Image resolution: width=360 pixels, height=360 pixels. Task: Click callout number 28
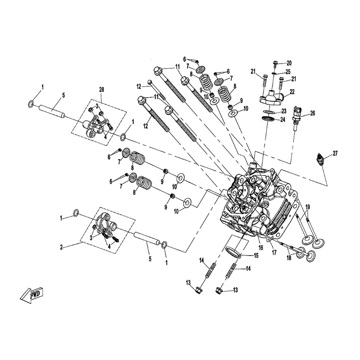click(101, 90)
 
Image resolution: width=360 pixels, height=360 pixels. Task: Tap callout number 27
click(335, 153)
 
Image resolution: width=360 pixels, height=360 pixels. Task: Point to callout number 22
click(292, 92)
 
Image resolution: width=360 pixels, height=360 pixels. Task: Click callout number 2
click(61, 247)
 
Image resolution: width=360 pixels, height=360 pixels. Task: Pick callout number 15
click(256, 255)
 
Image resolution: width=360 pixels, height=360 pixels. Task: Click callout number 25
click(288, 72)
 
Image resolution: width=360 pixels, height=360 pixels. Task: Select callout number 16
click(261, 248)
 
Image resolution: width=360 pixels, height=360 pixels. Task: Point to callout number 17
click(274, 252)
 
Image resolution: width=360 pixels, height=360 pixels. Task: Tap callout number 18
click(289, 258)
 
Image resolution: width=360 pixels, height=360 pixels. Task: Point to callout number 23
click(284, 111)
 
